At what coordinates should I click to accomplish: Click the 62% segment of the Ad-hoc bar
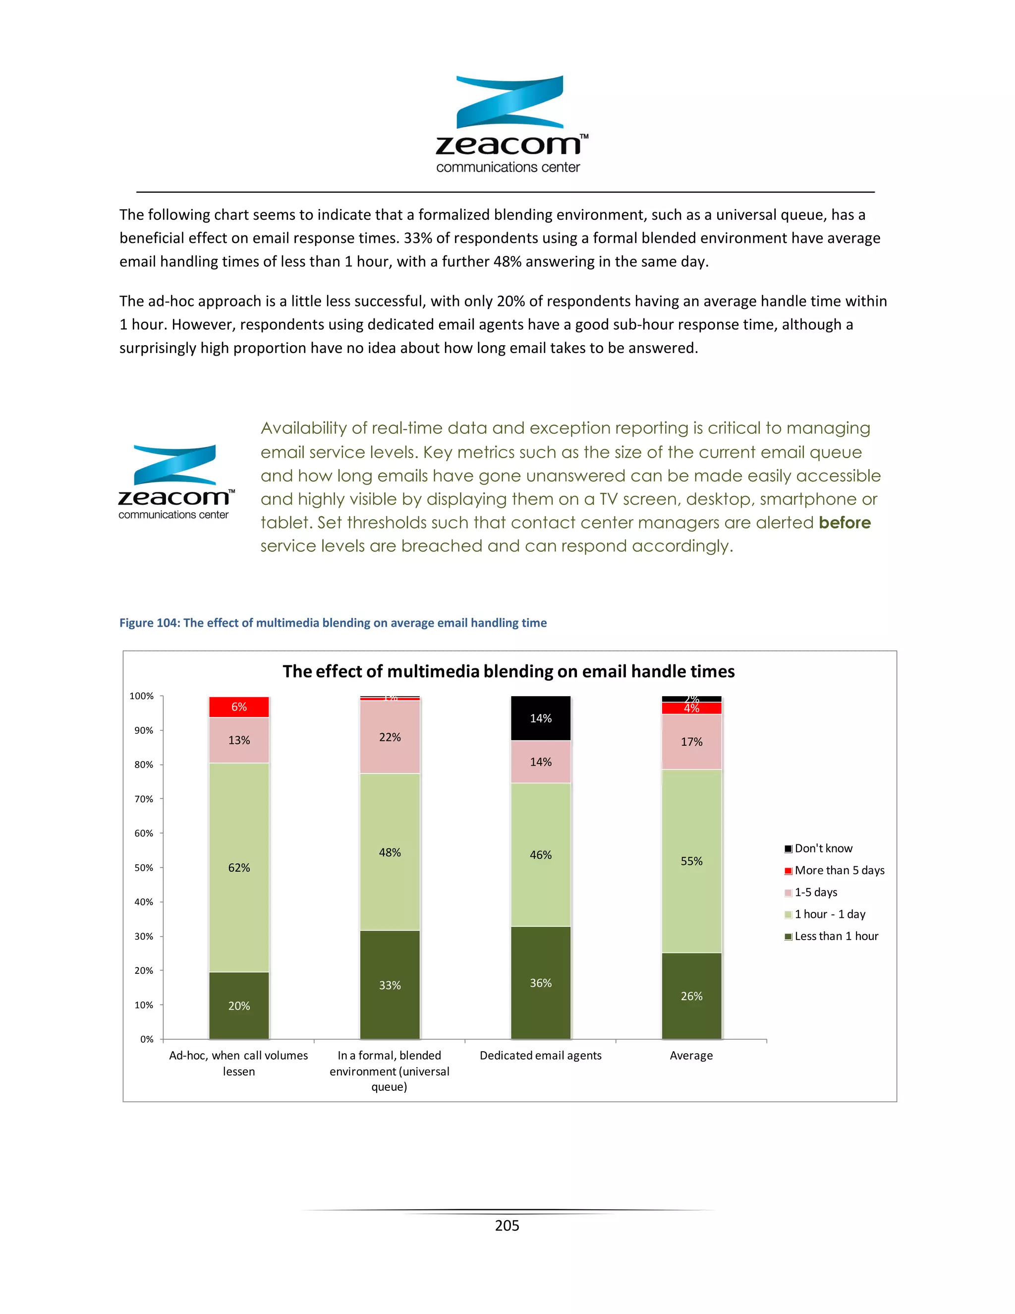click(239, 867)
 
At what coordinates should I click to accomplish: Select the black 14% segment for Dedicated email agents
click(540, 718)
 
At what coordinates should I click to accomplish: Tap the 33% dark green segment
click(390, 985)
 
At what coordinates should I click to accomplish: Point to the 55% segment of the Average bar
click(691, 860)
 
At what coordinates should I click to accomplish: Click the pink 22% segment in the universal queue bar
click(390, 737)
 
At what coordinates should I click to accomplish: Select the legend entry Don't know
click(823, 848)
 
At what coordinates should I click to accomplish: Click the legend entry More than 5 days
click(839, 870)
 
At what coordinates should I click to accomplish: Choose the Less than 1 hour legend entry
click(836, 936)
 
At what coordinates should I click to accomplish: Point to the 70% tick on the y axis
click(144, 799)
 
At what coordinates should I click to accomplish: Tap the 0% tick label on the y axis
click(147, 1039)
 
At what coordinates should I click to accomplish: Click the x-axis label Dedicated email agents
click(540, 1055)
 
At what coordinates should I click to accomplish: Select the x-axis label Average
click(691, 1055)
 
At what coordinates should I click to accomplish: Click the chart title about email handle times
click(508, 671)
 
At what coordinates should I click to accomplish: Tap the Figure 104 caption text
click(333, 623)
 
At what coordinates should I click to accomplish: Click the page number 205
click(507, 1226)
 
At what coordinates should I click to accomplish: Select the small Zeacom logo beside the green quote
click(175, 482)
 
